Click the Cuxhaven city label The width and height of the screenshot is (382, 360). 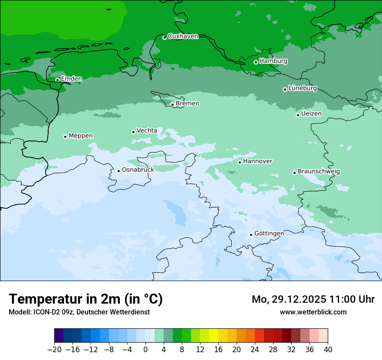tap(183, 36)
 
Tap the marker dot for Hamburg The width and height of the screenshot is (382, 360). tap(256, 62)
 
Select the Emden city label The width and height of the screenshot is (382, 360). tap(71, 79)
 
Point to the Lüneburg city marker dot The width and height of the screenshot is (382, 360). tap(285, 89)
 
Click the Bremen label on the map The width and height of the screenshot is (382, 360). tap(188, 104)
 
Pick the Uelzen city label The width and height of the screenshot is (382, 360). tap(311, 114)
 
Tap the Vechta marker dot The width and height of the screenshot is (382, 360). tap(133, 132)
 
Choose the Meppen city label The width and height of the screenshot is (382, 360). tap(81, 136)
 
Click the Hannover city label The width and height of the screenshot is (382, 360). tap(258, 161)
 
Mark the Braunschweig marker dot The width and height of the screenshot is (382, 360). tap(294, 173)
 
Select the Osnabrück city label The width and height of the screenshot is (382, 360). tap(138, 170)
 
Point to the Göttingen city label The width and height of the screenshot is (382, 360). tap(269, 233)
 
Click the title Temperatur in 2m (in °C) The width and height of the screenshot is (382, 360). tap(86, 299)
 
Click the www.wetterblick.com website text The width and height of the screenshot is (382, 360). tap(313, 312)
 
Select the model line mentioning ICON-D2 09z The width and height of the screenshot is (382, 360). tap(79, 312)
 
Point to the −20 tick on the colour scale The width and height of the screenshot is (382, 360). tap(54, 350)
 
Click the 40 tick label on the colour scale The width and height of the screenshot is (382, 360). tap(328, 350)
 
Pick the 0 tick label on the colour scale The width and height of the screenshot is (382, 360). tap(145, 350)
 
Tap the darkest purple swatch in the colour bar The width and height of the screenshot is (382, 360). tap(59, 336)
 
